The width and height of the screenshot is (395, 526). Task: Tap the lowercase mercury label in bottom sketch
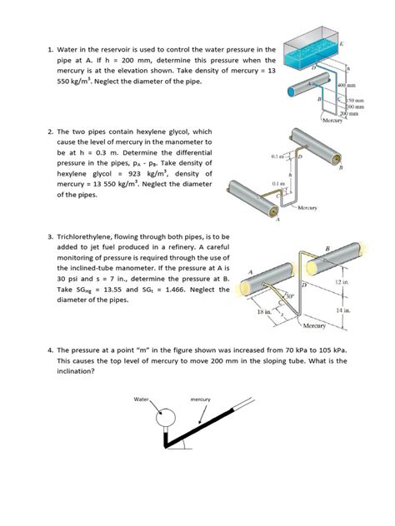pos(201,400)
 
